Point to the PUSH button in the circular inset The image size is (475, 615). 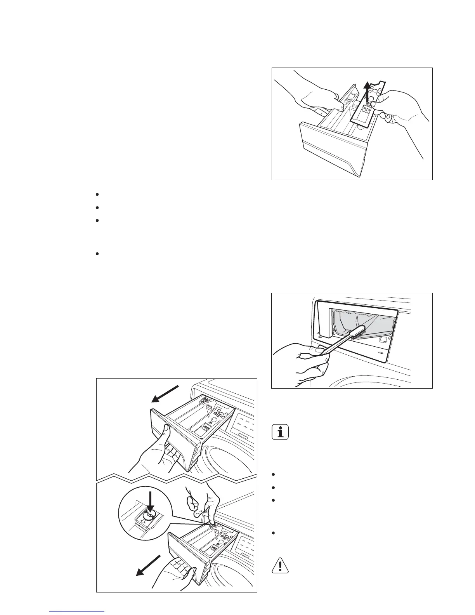[x=149, y=515]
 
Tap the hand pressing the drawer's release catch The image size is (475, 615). [x=202, y=501]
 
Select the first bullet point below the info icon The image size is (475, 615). [x=274, y=475]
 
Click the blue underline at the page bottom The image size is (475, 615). [x=78, y=612]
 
